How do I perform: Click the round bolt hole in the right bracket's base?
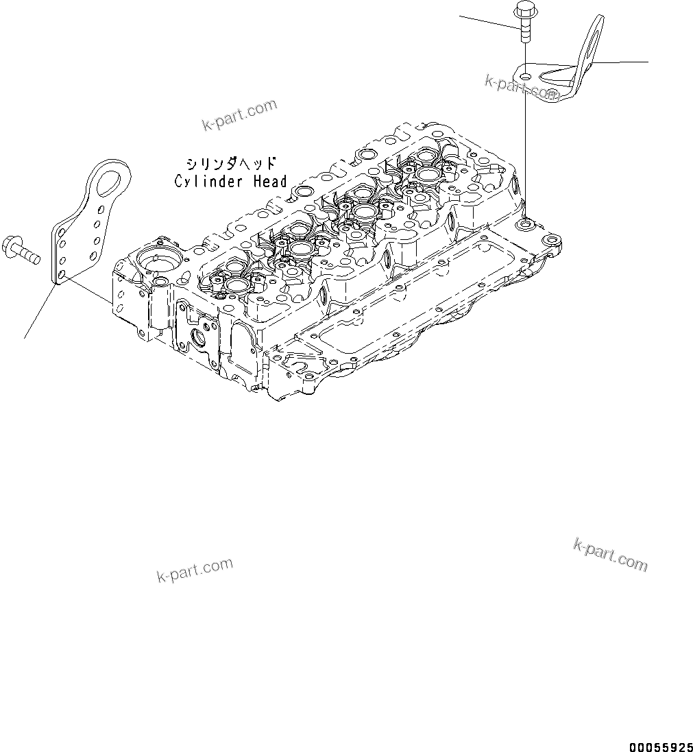tap(525, 75)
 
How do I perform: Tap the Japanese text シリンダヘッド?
tap(230, 165)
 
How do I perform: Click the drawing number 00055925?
tap(659, 744)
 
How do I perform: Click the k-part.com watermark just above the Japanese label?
tap(239, 114)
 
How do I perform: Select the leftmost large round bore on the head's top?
tap(237, 284)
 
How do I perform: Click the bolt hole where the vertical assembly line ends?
tap(526, 224)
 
